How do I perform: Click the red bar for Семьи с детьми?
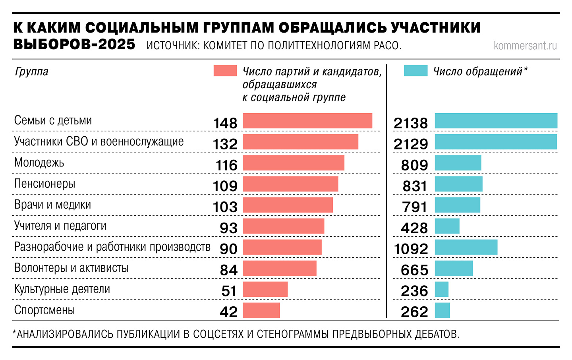tap(307, 121)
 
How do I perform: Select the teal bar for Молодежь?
tap(458, 163)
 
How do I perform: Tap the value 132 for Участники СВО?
tap(225, 144)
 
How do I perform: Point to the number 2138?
tap(411, 123)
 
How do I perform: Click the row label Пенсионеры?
tap(44, 184)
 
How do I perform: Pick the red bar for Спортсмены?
tap(261, 310)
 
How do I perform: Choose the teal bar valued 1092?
tap(466, 247)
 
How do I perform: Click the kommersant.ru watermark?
tap(525, 46)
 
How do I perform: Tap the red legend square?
tap(225, 71)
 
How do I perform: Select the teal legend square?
tap(415, 71)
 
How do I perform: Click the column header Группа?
tap(31, 72)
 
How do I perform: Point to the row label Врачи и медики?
tap(52, 205)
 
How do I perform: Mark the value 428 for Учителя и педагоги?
tap(414, 228)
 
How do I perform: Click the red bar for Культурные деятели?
tap(265, 289)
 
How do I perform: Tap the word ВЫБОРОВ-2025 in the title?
tap(74, 44)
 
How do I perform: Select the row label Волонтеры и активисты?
tap(71, 268)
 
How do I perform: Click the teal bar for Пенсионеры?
tap(459, 184)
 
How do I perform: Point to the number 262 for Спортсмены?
tap(414, 312)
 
